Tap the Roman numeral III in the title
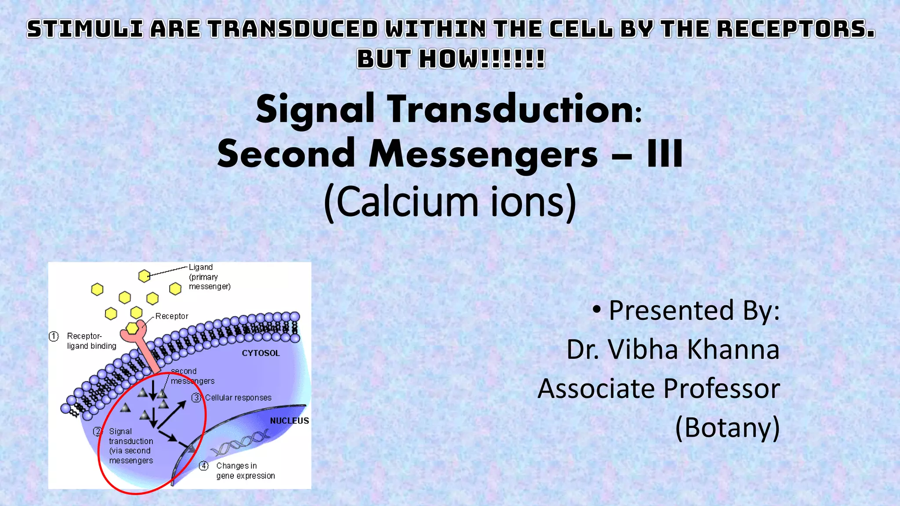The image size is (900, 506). click(x=664, y=154)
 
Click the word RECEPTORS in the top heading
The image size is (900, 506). click(x=795, y=29)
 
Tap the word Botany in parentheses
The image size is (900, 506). click(x=727, y=427)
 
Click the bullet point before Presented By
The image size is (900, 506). click(x=596, y=309)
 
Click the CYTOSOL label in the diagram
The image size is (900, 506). click(x=261, y=353)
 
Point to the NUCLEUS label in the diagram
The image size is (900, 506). click(x=289, y=421)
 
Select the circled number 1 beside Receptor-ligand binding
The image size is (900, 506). click(x=54, y=336)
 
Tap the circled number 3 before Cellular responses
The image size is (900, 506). click(x=196, y=398)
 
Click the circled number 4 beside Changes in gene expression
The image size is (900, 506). click(x=204, y=466)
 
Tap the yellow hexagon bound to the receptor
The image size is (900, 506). click(x=132, y=328)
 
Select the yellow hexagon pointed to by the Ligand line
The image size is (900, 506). click(x=144, y=276)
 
